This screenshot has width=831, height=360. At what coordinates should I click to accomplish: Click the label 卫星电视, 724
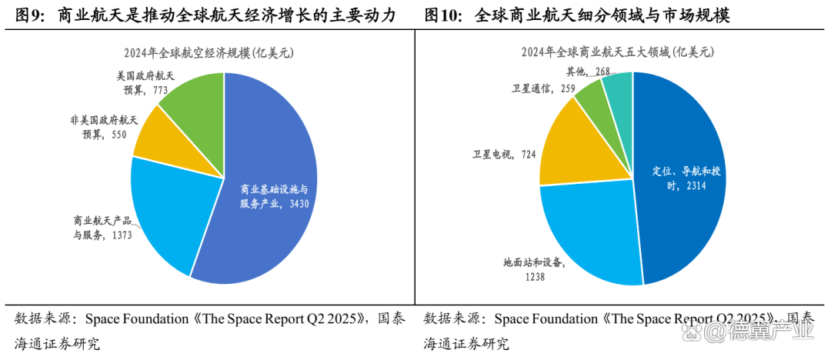pos(504,154)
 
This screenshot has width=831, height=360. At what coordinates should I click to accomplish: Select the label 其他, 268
pos(588,72)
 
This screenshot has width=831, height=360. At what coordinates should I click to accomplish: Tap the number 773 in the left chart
pos(160,90)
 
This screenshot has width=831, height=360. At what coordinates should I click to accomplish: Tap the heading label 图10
pos(442,15)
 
